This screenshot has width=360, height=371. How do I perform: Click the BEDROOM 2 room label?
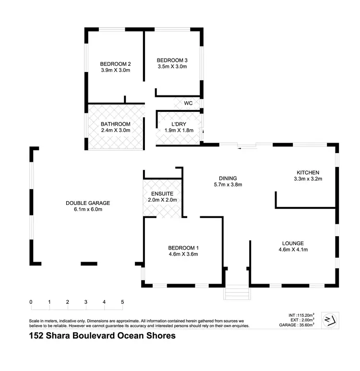[116, 64]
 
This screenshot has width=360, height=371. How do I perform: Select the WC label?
[188, 103]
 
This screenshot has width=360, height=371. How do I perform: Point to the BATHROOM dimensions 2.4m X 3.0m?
[115, 131]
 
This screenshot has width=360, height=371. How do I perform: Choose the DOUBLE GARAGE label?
[84, 203]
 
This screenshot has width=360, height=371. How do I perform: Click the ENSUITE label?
[162, 193]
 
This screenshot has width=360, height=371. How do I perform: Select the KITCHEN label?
[308, 172]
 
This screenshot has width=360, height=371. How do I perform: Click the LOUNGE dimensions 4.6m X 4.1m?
[293, 250]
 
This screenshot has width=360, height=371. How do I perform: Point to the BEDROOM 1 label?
[183, 248]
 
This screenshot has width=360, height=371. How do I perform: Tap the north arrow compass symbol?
[330, 319]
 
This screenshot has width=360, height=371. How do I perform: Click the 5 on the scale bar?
[122, 302]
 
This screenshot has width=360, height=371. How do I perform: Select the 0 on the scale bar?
[31, 302]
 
